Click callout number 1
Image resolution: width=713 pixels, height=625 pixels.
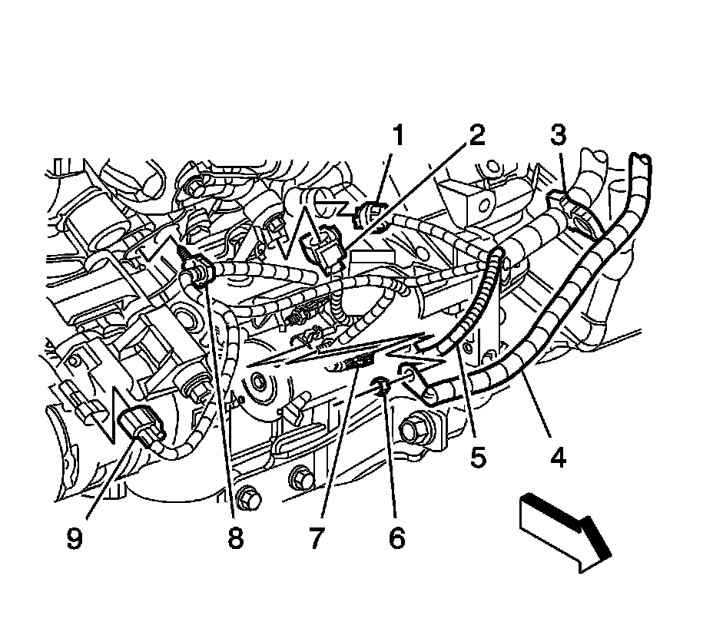[398, 138]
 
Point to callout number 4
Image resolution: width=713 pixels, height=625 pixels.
[557, 458]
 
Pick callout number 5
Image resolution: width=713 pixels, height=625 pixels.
[478, 458]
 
